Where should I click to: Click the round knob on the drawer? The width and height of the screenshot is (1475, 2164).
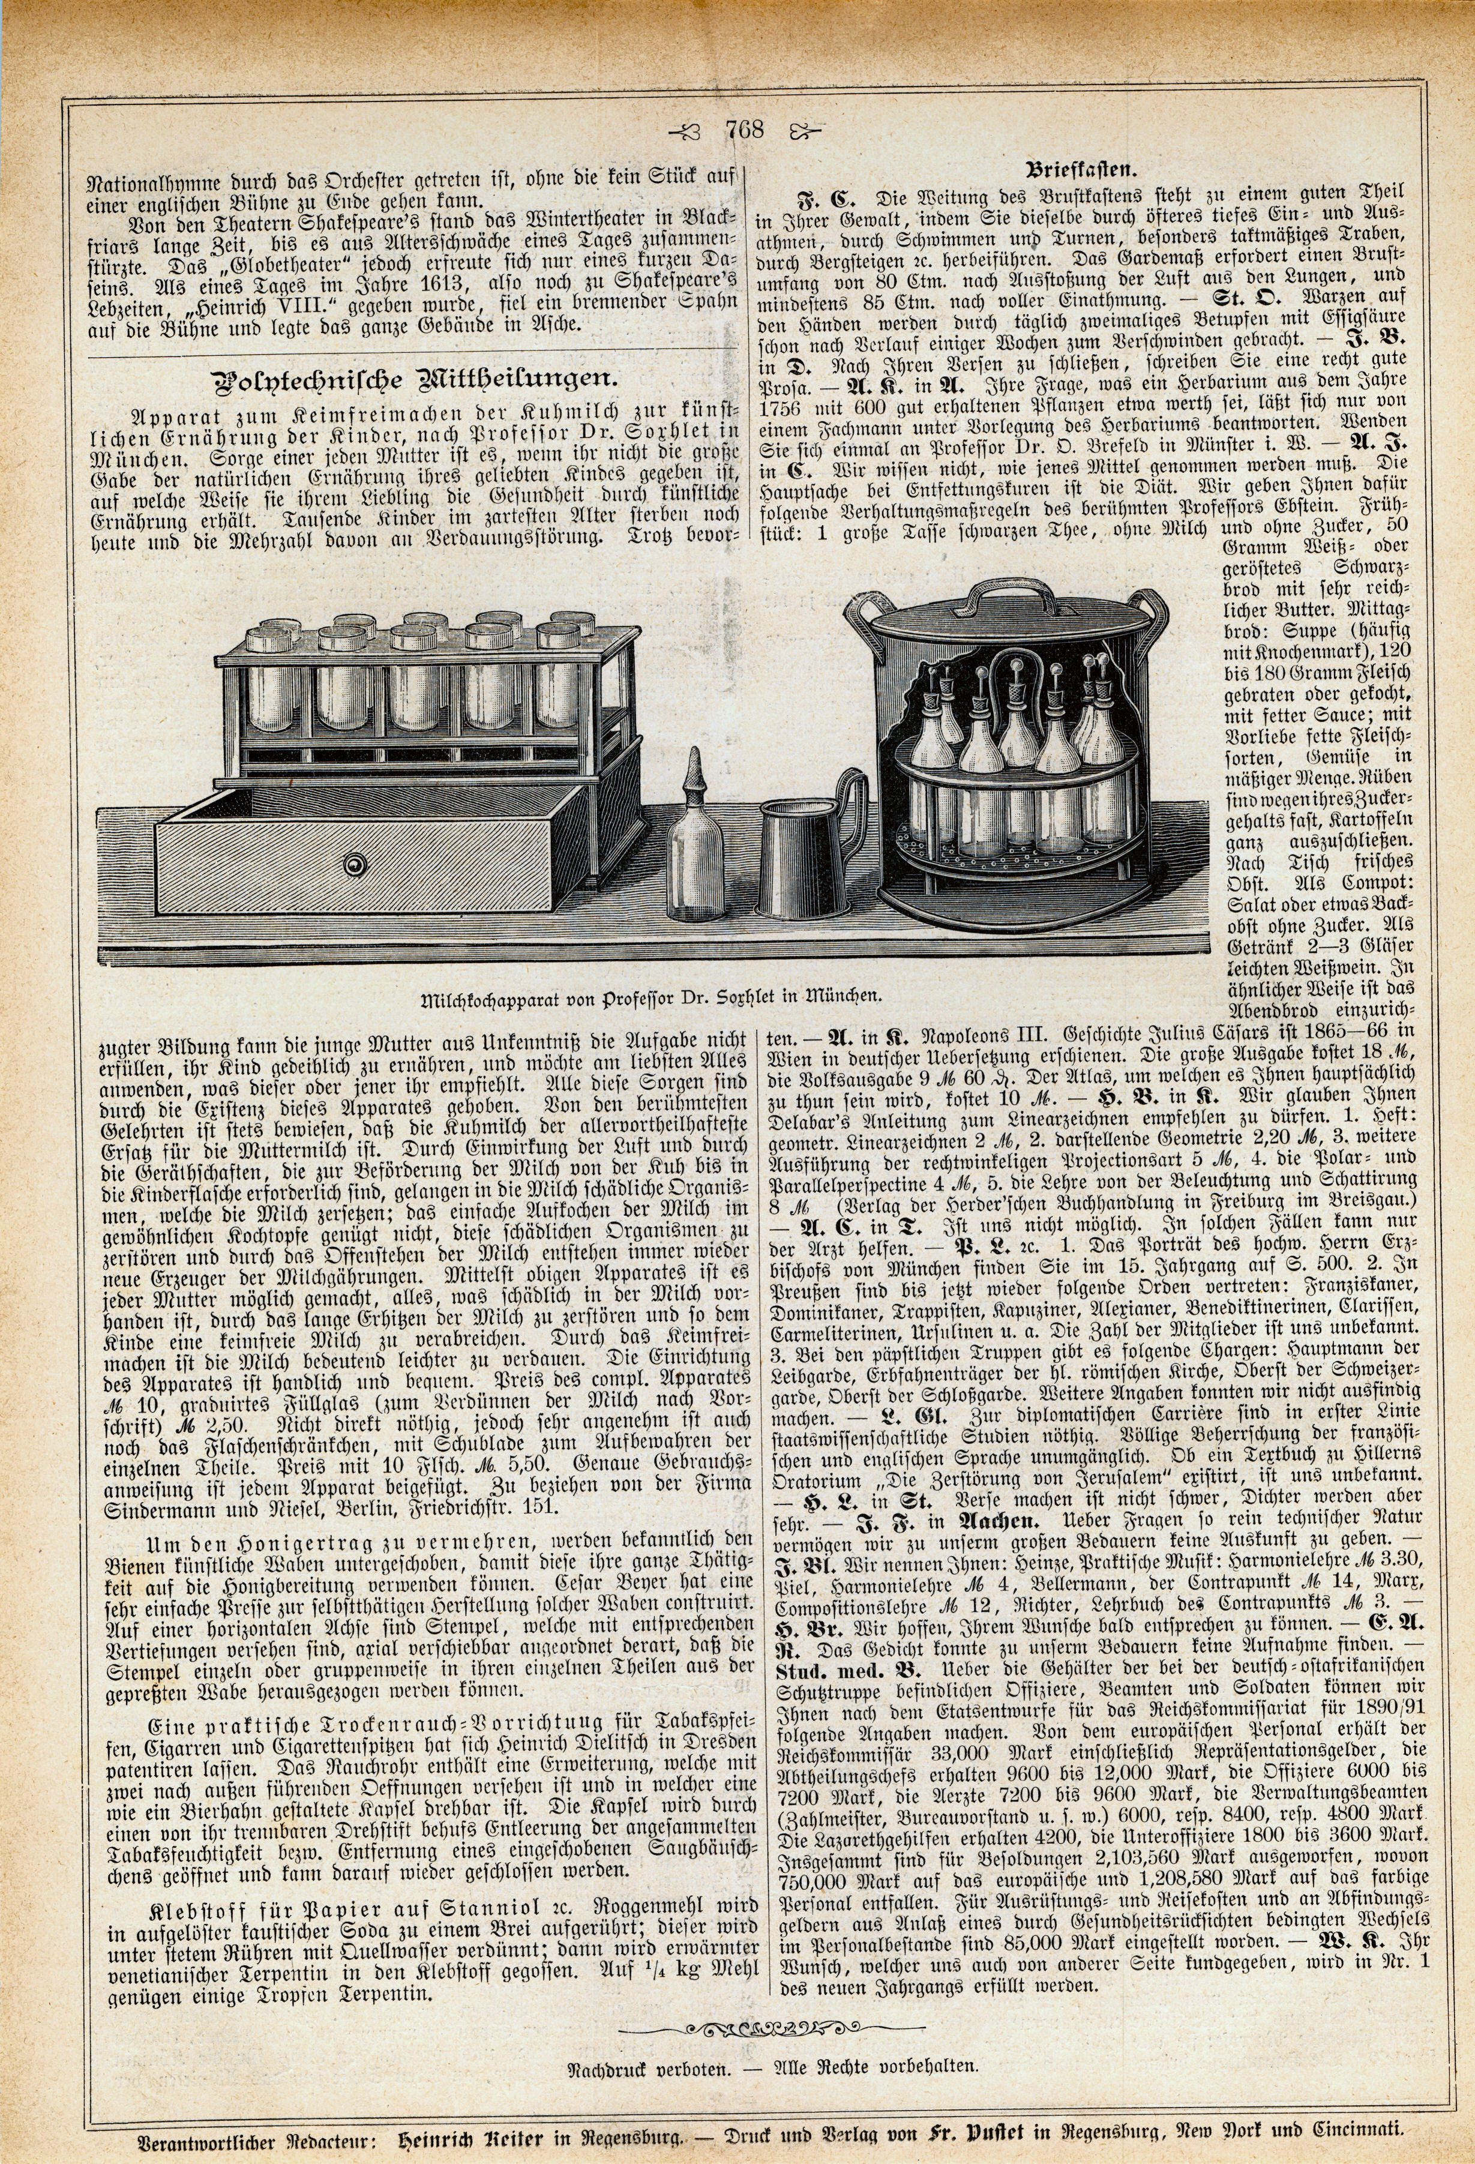(355, 866)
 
